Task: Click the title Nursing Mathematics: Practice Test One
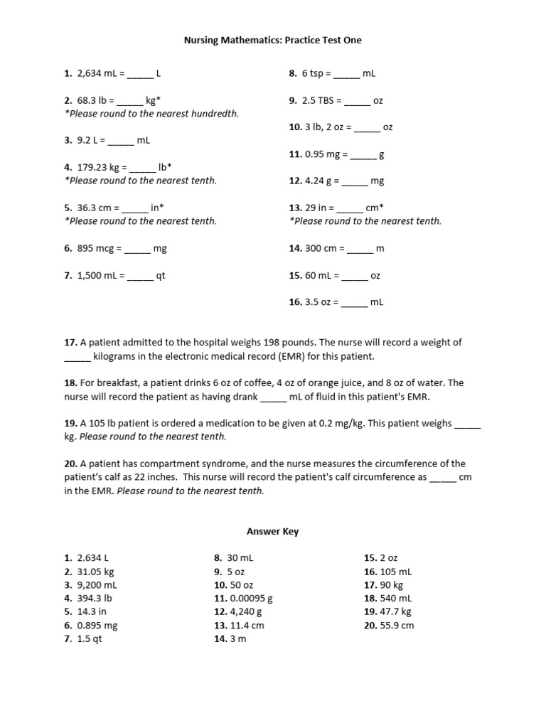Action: coord(272,41)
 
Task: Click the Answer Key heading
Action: coord(272,531)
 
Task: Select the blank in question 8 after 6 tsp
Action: coord(347,73)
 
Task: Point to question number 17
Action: coord(70,342)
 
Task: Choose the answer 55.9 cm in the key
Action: coord(397,626)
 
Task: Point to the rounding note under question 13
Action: coord(365,221)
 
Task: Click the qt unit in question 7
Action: coord(161,276)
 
